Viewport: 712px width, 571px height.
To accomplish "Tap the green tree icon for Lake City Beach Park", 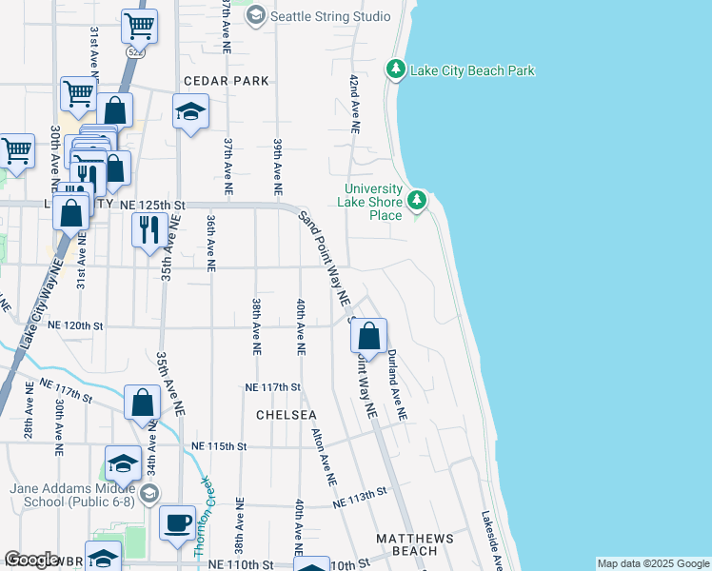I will [396, 69].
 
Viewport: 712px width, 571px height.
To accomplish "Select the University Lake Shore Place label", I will [372, 202].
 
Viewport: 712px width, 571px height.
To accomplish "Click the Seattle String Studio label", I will [330, 16].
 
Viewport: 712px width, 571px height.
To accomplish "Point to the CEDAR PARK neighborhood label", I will [227, 81].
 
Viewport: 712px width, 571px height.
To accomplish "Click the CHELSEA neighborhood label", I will [286, 416].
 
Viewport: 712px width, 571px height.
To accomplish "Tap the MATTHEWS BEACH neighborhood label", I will [414, 544].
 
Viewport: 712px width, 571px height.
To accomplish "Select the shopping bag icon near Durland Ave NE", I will [368, 336].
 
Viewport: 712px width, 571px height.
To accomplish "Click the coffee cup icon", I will [176, 523].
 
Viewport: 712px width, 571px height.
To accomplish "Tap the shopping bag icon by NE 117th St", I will [142, 402].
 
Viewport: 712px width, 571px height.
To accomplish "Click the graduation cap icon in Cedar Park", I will [190, 111].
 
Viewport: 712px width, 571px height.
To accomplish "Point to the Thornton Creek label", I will [202, 515].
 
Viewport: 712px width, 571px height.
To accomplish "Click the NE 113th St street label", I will [361, 497].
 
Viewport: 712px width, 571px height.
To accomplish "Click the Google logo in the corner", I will [32, 560].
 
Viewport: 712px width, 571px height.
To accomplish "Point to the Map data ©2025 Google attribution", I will [653, 563].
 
